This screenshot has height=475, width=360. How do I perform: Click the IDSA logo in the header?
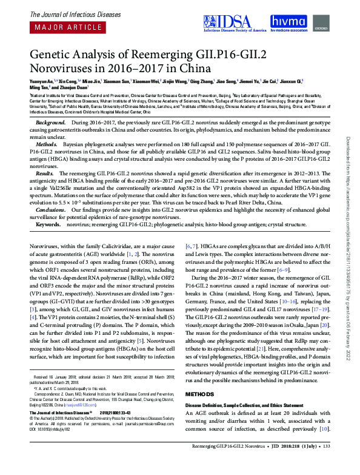click(238, 22)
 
